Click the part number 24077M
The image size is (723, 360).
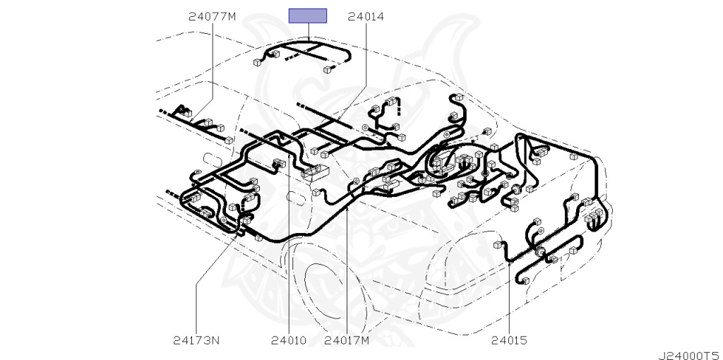pos(212,17)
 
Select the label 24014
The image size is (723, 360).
pos(366,17)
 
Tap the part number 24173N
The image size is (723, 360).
pos(196,341)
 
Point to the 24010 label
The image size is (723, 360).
pos(288,341)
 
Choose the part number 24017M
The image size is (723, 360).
pos(347,341)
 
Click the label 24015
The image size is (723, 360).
pos(508,341)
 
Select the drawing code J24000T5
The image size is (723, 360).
pos(690,355)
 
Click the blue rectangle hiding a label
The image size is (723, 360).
pos(308,16)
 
